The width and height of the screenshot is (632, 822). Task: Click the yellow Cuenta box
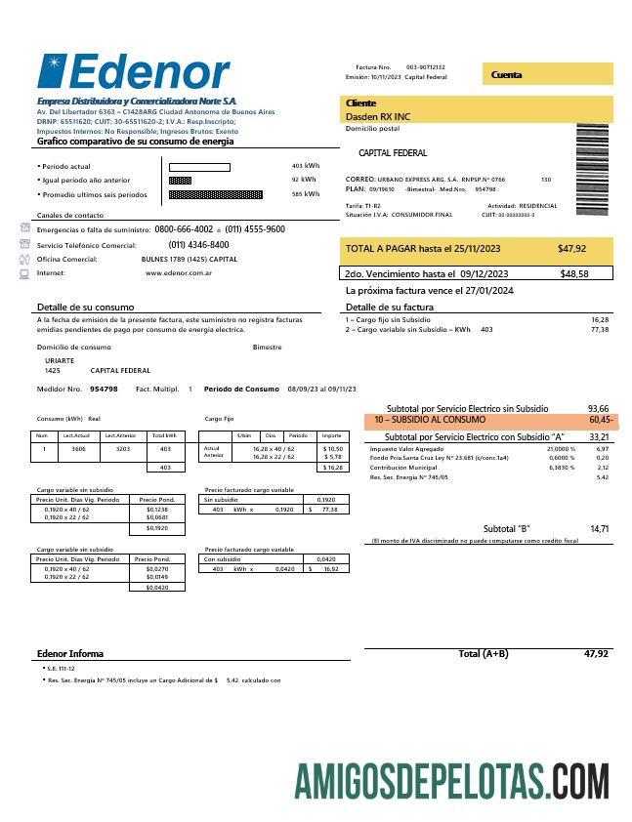(x=547, y=74)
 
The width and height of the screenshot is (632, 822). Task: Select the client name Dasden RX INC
(x=376, y=117)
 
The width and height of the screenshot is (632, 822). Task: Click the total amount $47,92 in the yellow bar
(x=571, y=249)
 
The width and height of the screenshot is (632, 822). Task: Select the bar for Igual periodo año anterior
(x=180, y=180)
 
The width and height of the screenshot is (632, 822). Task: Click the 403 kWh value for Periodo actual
(x=305, y=166)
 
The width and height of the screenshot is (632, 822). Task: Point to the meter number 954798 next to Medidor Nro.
(x=104, y=389)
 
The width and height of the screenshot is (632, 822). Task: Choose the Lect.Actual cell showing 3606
(x=78, y=450)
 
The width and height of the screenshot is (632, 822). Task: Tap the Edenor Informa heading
(x=69, y=653)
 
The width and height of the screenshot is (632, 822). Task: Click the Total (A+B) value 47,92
(x=596, y=653)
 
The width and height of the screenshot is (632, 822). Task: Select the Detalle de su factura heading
(x=391, y=308)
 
